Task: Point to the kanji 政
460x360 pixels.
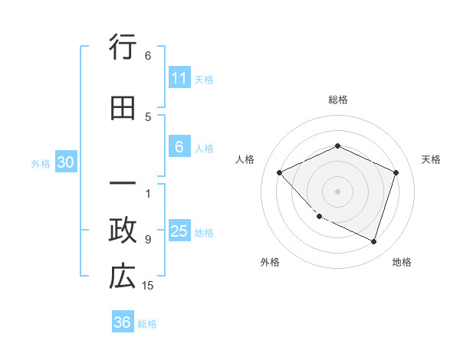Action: click(x=123, y=231)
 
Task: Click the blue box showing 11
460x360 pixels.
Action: click(x=179, y=78)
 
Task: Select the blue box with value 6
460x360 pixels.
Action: click(x=179, y=148)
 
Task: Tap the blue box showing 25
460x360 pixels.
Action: click(x=179, y=232)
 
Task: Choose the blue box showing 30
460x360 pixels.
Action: click(x=65, y=162)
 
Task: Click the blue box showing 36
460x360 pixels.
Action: click(x=123, y=322)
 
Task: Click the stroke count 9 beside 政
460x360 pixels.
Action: click(x=148, y=239)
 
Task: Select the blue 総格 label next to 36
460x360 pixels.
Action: click(x=147, y=323)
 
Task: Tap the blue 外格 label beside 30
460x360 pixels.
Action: click(x=41, y=163)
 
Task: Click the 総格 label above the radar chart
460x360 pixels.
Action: click(x=338, y=100)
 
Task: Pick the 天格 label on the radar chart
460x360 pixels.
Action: click(x=431, y=159)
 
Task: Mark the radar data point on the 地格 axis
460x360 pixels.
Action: click(x=373, y=241)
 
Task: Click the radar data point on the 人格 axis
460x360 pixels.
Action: click(x=280, y=172)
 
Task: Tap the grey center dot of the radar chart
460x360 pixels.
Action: click(x=338, y=191)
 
